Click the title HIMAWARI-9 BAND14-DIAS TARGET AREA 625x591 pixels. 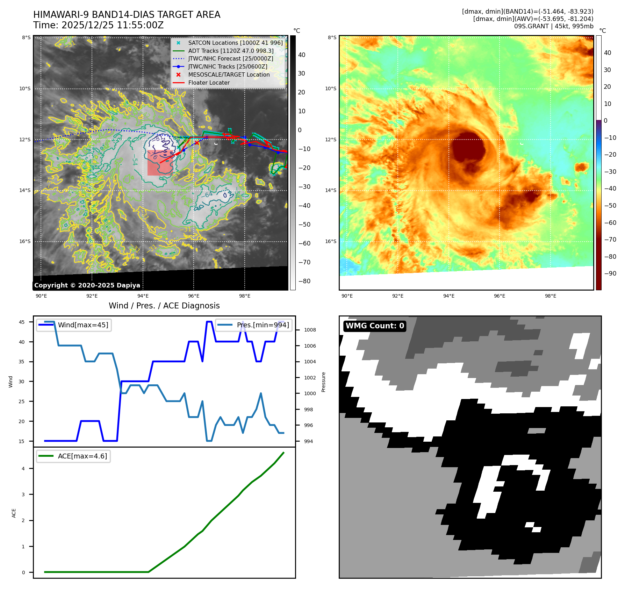pos(127,15)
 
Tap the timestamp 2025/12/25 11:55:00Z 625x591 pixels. pos(112,25)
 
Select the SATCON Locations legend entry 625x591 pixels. pos(235,43)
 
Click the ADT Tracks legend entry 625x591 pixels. pos(231,51)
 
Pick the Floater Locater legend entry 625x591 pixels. pos(209,83)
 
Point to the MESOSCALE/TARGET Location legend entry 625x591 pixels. pos(229,74)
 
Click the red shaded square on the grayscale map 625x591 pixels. pos(160,163)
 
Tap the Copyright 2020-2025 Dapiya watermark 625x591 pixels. pos(87,285)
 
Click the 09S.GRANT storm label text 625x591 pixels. pos(531,26)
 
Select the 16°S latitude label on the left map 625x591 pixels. pos(25,241)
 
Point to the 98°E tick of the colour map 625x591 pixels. pos(550,296)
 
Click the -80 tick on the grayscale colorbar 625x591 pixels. pos(304,281)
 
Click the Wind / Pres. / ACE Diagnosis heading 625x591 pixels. pos(164,306)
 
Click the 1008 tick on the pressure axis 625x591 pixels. pos(310,330)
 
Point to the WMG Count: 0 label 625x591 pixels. pos(375,326)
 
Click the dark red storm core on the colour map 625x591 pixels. pos(468,147)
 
